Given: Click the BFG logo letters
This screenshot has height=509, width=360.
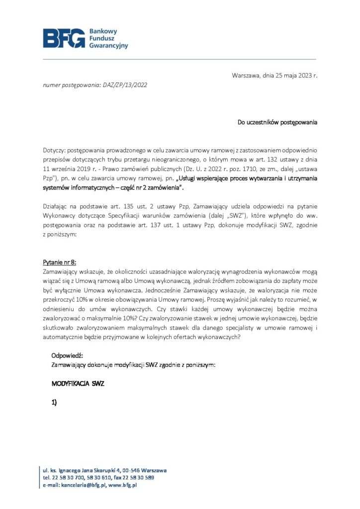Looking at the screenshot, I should [x=64, y=38].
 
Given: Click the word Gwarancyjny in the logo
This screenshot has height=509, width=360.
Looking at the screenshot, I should [x=108, y=46].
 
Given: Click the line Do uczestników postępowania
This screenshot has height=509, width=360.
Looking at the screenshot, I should [x=277, y=122].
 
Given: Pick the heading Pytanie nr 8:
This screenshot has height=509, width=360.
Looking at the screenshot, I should [x=59, y=262].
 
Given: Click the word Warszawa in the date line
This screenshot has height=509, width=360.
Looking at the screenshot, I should [x=246, y=76].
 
